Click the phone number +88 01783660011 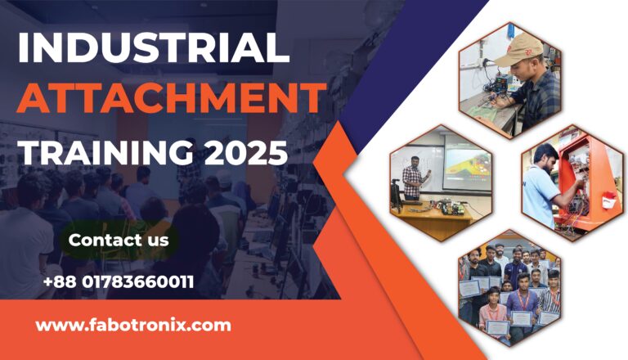pyautogui.click(x=119, y=283)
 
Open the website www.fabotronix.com pyautogui.click(x=133, y=325)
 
